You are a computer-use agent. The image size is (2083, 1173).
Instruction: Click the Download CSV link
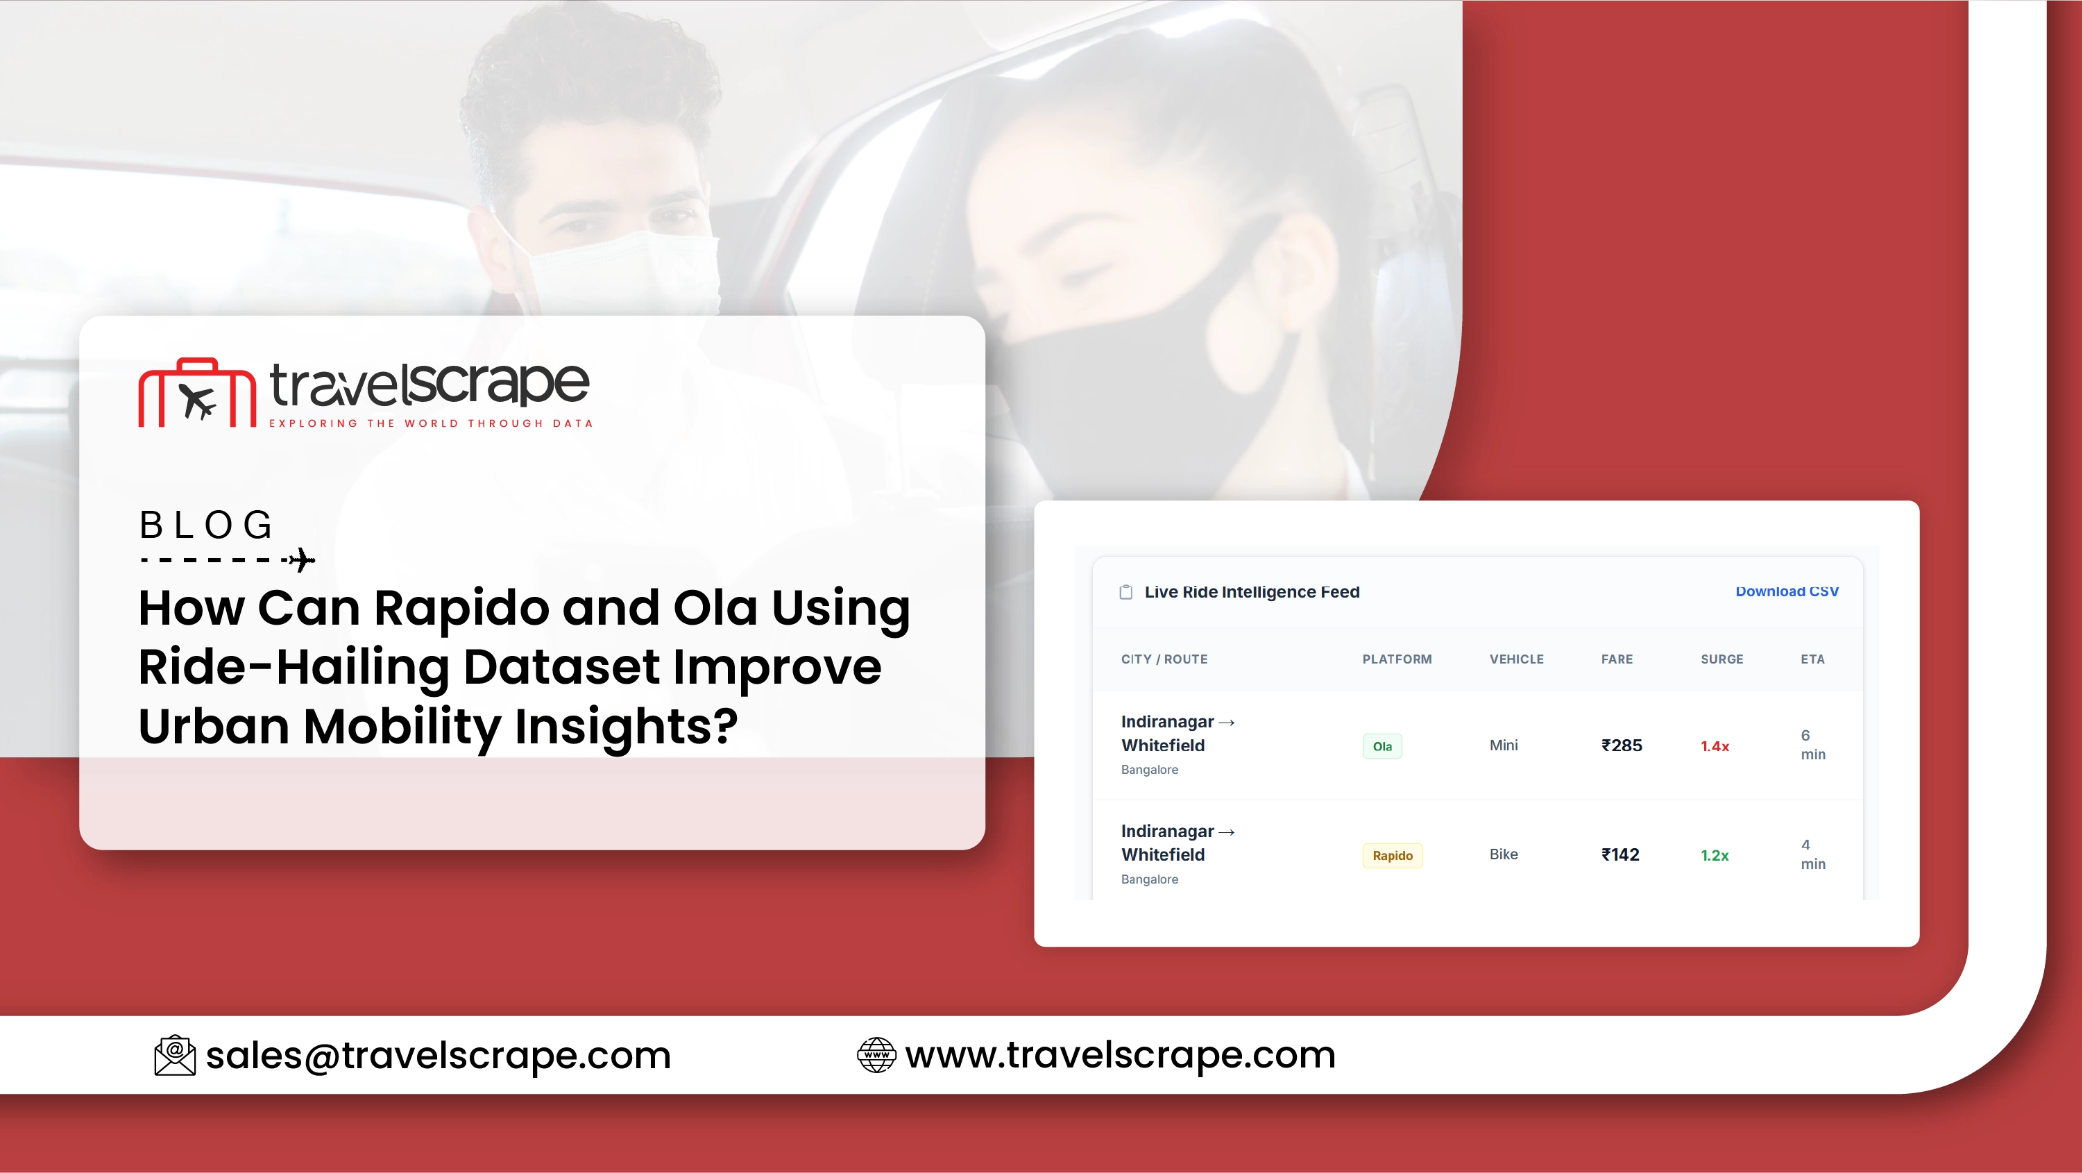(x=1786, y=591)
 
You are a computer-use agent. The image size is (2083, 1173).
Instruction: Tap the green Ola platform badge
(x=1382, y=746)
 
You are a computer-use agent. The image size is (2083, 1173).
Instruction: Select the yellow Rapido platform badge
(x=1393, y=855)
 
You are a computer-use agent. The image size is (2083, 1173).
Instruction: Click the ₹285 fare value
(x=1622, y=745)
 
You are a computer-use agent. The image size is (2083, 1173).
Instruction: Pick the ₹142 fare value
(x=1619, y=854)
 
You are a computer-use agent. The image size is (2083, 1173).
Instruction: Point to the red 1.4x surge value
(x=1715, y=746)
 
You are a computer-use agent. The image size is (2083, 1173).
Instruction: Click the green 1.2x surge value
(x=1715, y=855)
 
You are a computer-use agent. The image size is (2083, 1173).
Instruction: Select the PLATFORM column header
(x=1397, y=659)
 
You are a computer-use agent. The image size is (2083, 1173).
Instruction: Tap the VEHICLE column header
(x=1516, y=659)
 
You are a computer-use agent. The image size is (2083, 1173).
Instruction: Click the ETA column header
(x=1812, y=659)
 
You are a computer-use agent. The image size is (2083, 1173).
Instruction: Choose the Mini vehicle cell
(x=1503, y=745)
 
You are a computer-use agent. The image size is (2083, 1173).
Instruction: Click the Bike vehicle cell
(x=1503, y=854)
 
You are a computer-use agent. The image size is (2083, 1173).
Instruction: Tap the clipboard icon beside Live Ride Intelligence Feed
(x=1125, y=592)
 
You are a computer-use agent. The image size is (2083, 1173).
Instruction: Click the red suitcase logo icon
(x=197, y=392)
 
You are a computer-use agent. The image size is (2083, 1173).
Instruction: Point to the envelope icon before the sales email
(x=175, y=1055)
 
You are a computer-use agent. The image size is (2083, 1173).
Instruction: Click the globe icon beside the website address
(x=876, y=1055)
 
